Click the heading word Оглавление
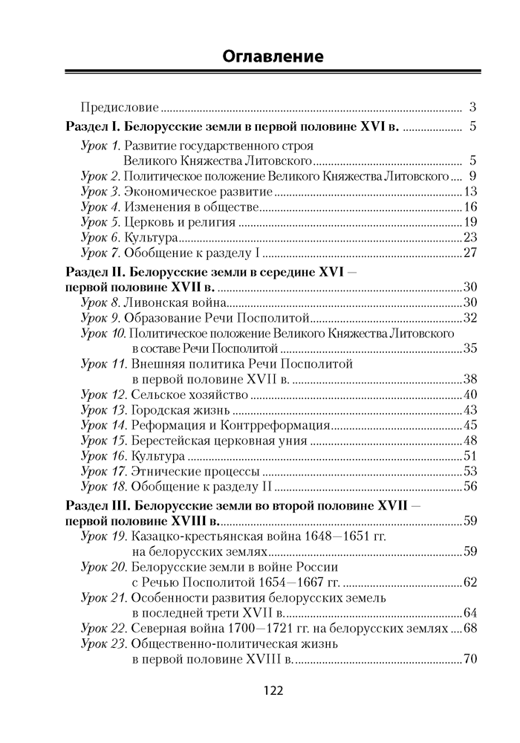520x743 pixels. [x=273, y=56]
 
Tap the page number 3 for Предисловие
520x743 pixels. [x=472, y=106]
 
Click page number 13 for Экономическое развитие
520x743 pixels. [x=469, y=192]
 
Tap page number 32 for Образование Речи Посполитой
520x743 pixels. [x=469, y=317]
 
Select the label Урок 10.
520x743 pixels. [x=103, y=334]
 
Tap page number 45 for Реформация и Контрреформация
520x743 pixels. [x=469, y=426]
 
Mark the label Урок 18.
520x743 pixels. [x=103, y=487]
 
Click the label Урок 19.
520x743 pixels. [x=103, y=536]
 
